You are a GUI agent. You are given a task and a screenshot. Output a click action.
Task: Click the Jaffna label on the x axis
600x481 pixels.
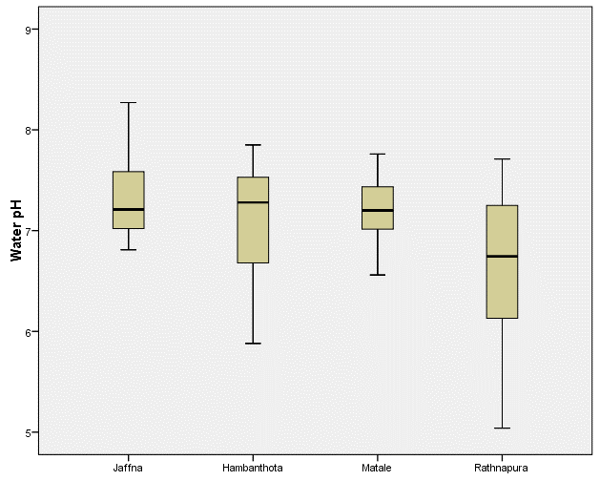click(x=128, y=468)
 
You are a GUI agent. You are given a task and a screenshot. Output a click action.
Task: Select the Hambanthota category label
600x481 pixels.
click(x=252, y=468)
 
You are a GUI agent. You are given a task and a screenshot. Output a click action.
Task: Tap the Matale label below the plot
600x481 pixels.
click(x=377, y=468)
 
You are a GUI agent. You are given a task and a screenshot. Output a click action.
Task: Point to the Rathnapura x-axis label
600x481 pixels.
click(x=501, y=468)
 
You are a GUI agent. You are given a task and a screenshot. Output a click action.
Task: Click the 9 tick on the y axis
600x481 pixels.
click(x=30, y=30)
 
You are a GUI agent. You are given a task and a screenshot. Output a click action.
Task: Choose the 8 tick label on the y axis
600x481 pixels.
click(x=30, y=131)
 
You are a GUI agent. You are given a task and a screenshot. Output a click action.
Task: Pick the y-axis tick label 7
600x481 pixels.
click(x=30, y=232)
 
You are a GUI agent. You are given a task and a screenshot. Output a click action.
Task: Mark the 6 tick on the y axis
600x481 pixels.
click(x=30, y=332)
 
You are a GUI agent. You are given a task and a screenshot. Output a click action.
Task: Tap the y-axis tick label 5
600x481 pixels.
click(x=30, y=433)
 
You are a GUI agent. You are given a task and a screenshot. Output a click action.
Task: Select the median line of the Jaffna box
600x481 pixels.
click(x=128, y=209)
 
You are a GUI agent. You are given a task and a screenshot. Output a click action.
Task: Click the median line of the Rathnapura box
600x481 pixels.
click(x=502, y=256)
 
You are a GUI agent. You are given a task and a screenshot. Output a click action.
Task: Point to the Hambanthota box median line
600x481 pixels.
click(x=253, y=202)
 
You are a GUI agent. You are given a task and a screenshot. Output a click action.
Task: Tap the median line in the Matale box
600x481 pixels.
click(x=378, y=210)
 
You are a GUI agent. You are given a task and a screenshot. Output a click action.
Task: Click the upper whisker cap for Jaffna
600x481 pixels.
click(x=128, y=102)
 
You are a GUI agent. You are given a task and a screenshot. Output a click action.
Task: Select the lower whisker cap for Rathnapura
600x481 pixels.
click(x=502, y=429)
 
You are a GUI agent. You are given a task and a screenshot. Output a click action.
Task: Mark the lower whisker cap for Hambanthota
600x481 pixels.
click(x=253, y=343)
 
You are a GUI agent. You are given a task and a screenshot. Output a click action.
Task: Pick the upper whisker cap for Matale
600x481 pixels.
click(x=378, y=154)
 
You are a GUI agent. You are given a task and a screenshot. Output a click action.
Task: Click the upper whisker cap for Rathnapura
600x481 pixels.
click(x=502, y=158)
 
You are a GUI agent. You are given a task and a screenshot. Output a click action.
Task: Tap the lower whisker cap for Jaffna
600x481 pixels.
click(x=128, y=249)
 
